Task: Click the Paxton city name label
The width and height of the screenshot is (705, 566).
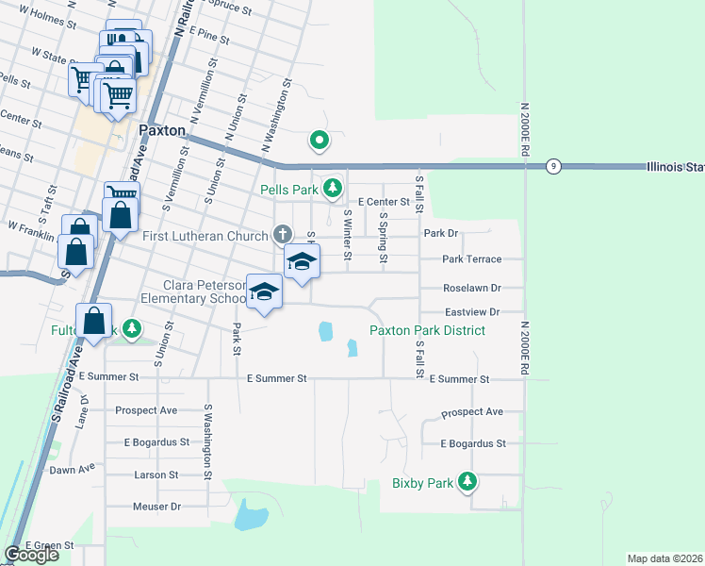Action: pyautogui.click(x=161, y=131)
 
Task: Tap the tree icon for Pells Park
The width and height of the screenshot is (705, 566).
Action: pyautogui.click(x=332, y=189)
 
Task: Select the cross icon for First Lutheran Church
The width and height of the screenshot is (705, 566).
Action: pyautogui.click(x=282, y=234)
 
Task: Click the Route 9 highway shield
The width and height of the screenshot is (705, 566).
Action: pyautogui.click(x=553, y=166)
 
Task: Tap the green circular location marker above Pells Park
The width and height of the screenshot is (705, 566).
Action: pyautogui.click(x=320, y=141)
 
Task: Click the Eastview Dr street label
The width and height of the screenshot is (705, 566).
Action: pyautogui.click(x=470, y=311)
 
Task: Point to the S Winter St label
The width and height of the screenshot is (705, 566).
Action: pyautogui.click(x=348, y=235)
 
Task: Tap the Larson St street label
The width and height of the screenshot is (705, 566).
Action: pyautogui.click(x=156, y=475)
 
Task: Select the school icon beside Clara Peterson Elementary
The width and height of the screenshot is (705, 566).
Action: pyautogui.click(x=265, y=291)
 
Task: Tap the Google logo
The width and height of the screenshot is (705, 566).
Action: pyautogui.click(x=32, y=555)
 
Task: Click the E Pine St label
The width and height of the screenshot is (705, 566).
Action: pyautogui.click(x=209, y=39)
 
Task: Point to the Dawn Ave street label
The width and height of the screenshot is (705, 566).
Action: pyautogui.click(x=72, y=469)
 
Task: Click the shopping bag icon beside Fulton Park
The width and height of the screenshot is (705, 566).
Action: pyautogui.click(x=95, y=321)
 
